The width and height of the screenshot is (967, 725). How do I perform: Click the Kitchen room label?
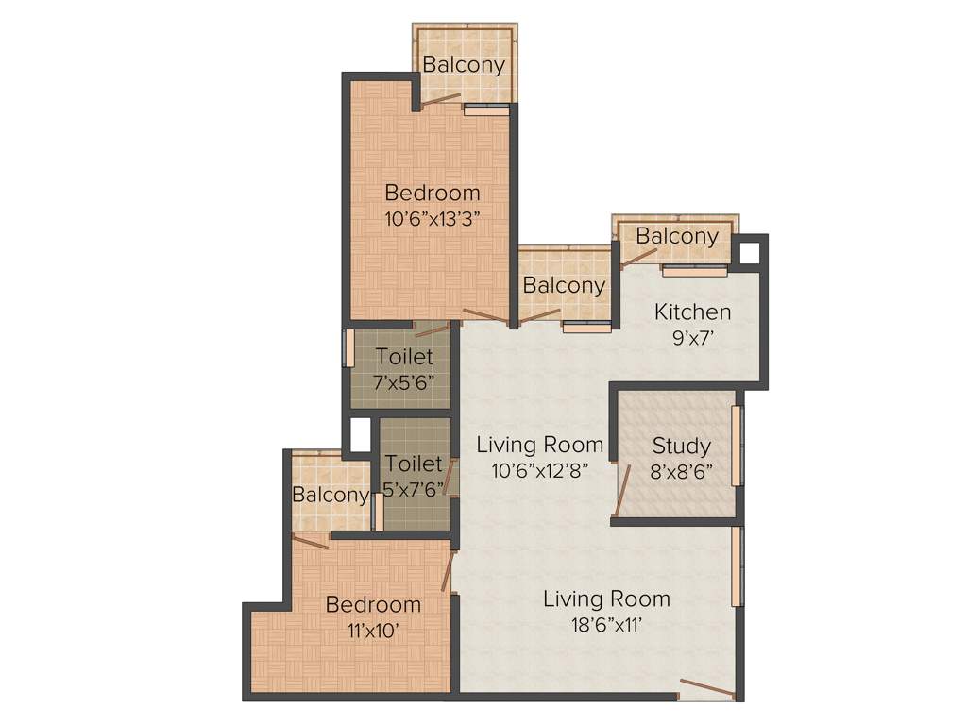(x=692, y=312)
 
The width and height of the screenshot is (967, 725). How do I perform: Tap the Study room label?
(x=681, y=446)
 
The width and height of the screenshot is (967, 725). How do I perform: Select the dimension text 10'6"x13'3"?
(x=433, y=217)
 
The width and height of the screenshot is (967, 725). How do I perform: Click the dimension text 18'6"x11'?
(x=605, y=624)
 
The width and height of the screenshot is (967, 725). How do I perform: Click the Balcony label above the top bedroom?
(x=463, y=65)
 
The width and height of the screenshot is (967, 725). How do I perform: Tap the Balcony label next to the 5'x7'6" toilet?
(x=330, y=495)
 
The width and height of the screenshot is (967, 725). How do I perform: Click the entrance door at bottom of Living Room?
(x=706, y=688)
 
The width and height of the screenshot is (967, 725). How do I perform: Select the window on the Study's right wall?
(x=737, y=446)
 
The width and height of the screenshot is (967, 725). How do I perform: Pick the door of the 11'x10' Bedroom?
(x=449, y=571)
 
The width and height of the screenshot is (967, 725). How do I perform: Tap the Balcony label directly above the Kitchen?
(x=676, y=236)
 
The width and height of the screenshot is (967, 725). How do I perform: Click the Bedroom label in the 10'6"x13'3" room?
(x=433, y=193)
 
